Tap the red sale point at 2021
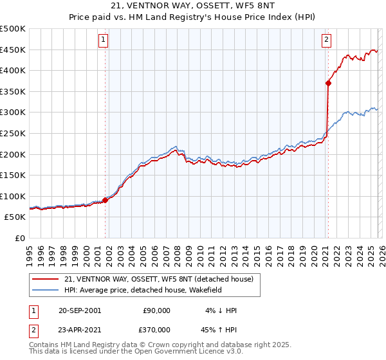(328, 82)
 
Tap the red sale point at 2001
(106, 200)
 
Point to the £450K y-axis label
(13, 50)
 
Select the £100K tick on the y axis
(13, 196)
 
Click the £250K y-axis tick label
(13, 133)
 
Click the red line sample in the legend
(46, 279)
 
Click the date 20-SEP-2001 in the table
(79, 310)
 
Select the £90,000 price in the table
(157, 310)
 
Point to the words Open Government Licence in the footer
(172, 352)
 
